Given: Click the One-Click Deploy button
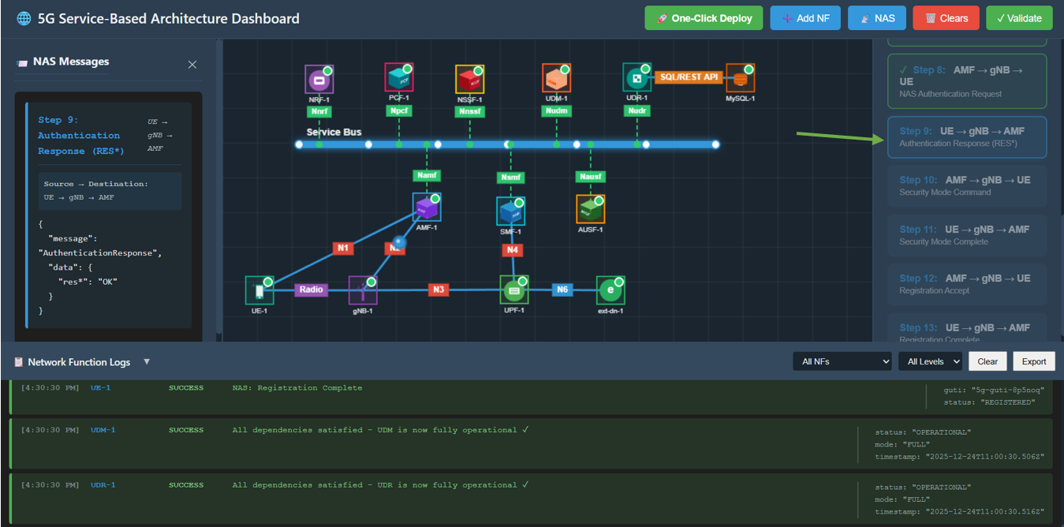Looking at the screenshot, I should coord(704,18).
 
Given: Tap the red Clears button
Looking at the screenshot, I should coord(946,18).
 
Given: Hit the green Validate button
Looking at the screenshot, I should coord(1019,18).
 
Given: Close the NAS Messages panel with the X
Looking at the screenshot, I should coord(192,65).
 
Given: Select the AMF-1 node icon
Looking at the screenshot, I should coord(426,207).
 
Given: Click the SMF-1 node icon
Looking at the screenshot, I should coord(510,211).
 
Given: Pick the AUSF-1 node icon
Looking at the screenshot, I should coord(590,209).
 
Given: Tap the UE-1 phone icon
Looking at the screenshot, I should coord(259,290).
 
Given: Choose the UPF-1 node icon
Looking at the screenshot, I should coord(514,290).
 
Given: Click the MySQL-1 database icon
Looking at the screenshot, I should coord(740,78).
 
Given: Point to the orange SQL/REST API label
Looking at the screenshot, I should coord(689,77).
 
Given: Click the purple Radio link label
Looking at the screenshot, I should coord(311,290).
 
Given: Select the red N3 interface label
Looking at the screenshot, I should coord(439,290).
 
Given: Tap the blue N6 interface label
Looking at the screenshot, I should coord(562,290).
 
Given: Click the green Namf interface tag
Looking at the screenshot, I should coord(427,175).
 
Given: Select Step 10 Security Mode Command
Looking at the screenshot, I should coord(967,185).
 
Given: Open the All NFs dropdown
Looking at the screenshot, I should coord(842,361).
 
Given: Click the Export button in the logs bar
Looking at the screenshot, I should coord(1033,361).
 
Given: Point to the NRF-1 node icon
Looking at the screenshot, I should coord(319,79).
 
